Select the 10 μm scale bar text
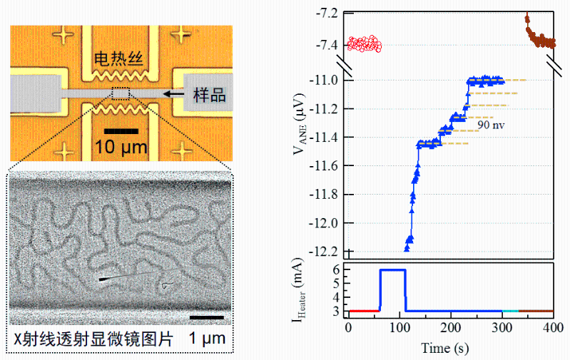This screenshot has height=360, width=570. (120, 148)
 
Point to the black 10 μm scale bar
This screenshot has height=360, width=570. (120, 132)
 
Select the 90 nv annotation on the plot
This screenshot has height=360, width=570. (492, 124)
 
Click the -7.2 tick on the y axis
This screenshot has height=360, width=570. (329, 13)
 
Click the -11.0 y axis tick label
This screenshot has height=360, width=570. (327, 80)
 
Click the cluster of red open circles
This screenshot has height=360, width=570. (364, 45)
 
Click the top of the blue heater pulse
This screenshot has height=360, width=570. (392, 269)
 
